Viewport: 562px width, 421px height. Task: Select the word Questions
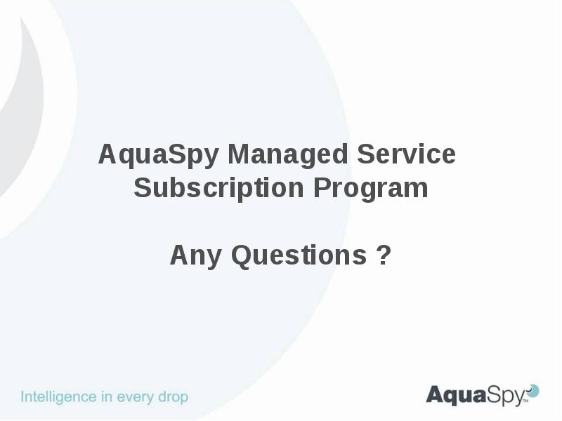click(x=299, y=255)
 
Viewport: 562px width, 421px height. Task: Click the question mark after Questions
click(x=384, y=255)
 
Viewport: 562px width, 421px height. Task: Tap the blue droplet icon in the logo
click(x=533, y=390)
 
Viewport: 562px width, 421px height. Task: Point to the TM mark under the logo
click(x=525, y=403)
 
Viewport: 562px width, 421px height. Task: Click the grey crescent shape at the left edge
click(x=25, y=105)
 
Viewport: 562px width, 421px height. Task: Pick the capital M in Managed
click(x=239, y=154)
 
